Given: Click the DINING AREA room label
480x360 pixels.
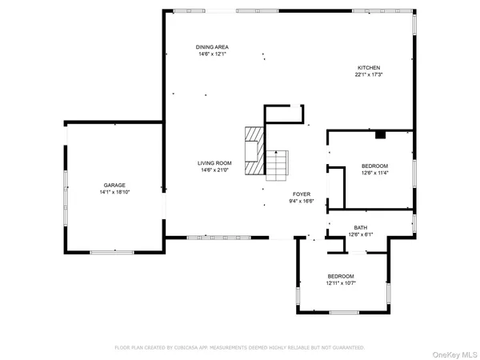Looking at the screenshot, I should pyautogui.click(x=212, y=48).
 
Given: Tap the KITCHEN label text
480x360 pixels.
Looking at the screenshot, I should pyautogui.click(x=368, y=67).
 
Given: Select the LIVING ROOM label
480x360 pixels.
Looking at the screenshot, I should pyautogui.click(x=214, y=163).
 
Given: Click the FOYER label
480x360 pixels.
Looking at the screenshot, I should pyautogui.click(x=301, y=194).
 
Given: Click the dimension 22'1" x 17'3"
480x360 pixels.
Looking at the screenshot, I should pyautogui.click(x=368, y=74).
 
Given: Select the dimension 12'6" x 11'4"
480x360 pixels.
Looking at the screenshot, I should pyautogui.click(x=375, y=172).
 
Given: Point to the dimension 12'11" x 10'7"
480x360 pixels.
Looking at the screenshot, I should pyautogui.click(x=341, y=283).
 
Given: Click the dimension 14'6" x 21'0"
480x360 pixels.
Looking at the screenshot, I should pyautogui.click(x=214, y=170).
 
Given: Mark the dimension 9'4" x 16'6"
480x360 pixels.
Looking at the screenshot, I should pyautogui.click(x=301, y=201).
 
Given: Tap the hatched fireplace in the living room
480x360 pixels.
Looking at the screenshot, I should pyautogui.click(x=254, y=150).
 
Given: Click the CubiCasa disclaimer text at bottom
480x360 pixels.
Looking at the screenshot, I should pyautogui.click(x=239, y=348).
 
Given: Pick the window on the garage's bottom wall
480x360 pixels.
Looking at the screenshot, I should pyautogui.click(x=112, y=253).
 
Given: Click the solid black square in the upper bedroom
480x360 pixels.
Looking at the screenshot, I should pyautogui.click(x=381, y=134).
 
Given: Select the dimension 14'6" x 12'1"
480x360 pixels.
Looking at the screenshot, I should pyautogui.click(x=212, y=55).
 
